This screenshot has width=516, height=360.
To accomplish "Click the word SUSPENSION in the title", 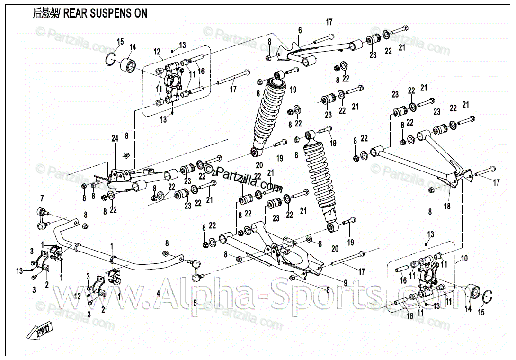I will point(119,13).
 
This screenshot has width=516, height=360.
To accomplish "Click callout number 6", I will point(300,31).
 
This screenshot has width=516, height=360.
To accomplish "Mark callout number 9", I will point(346,283).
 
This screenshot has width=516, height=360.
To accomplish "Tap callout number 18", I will point(447,207).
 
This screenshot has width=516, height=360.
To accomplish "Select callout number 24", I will point(114,138).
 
